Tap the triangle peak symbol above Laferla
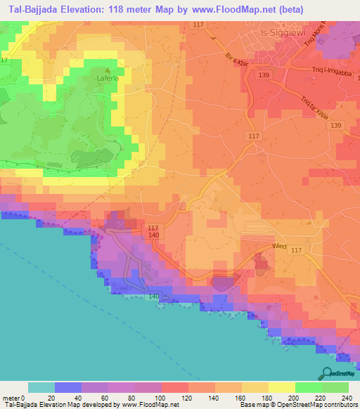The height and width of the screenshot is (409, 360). (107, 70)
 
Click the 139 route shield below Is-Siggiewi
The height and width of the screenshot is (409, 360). (264, 74)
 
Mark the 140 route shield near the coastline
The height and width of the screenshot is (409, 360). (153, 297)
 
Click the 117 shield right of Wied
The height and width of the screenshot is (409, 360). (296, 251)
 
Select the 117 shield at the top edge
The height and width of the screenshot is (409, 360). (198, 25)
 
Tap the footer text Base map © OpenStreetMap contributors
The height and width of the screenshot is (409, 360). (300, 405)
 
